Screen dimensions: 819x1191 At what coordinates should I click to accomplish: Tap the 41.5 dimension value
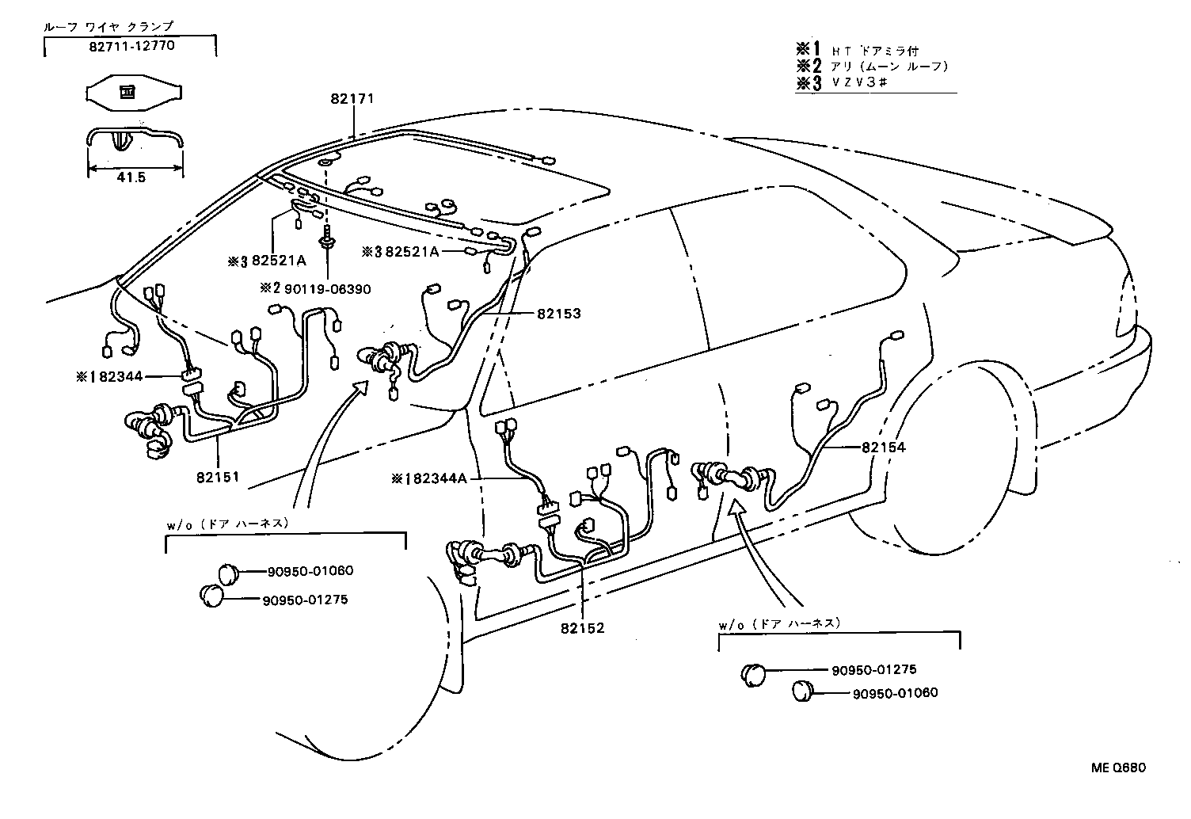click(x=131, y=177)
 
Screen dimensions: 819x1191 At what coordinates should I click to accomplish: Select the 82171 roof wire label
click(x=352, y=99)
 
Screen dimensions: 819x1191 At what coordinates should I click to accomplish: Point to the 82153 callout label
click(x=558, y=314)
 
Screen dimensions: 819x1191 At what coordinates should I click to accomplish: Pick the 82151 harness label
click(x=219, y=478)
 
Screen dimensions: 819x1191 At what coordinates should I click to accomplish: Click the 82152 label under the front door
click(x=582, y=628)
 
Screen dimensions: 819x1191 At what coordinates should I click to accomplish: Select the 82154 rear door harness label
click(x=883, y=448)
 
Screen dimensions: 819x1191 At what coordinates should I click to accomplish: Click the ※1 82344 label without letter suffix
click(x=109, y=377)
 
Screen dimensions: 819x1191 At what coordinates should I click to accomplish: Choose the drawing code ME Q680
click(x=1117, y=768)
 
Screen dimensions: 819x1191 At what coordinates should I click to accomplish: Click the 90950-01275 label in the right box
click(x=873, y=669)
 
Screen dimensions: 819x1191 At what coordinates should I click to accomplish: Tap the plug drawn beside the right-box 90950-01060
click(x=804, y=691)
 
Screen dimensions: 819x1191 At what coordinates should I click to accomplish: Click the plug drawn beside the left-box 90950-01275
click(x=212, y=595)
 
